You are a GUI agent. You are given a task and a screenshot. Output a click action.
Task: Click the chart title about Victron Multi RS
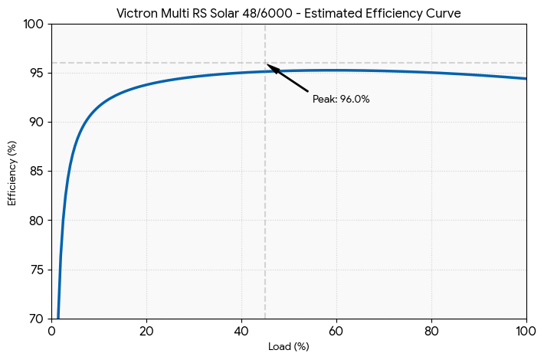[x=289, y=14]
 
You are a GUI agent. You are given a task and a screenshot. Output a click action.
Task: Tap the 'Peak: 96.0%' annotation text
[x=341, y=100]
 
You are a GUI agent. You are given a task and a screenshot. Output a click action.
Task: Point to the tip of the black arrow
[x=267, y=64]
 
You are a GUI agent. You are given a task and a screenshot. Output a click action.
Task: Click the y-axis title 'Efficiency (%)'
[x=12, y=172]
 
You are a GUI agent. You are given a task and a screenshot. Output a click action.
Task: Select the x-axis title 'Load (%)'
[x=289, y=347]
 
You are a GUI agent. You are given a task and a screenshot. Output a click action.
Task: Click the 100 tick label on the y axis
[x=34, y=25]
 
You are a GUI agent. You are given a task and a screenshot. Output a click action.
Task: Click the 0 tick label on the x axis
[x=52, y=332]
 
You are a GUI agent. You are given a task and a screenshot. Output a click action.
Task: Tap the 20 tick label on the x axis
[x=147, y=332]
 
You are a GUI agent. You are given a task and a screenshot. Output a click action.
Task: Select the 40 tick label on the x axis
[x=242, y=332]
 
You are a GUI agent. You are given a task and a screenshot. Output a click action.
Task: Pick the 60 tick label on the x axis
[x=337, y=332]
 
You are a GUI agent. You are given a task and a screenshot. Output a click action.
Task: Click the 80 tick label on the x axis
[x=432, y=332]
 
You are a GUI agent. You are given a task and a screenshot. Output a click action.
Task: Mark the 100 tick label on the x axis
[x=526, y=332]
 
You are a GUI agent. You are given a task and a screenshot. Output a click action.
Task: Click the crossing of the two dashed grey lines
[x=265, y=63]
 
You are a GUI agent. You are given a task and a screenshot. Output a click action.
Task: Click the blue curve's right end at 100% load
[x=526, y=79]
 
